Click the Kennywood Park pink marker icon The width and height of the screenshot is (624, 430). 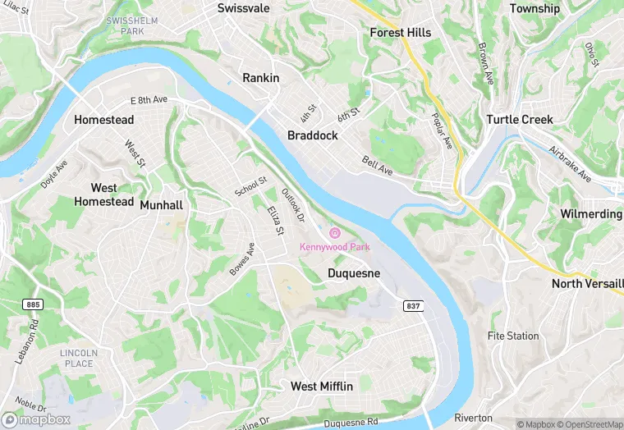334,233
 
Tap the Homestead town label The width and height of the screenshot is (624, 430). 103,120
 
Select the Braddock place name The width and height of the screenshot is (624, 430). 312,135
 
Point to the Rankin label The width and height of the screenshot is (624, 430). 261,78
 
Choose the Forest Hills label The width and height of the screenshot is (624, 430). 400,33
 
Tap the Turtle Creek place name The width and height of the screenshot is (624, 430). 519,120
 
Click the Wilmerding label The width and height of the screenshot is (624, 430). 590,213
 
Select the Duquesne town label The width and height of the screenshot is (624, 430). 354,273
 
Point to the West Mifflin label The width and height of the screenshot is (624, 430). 322,386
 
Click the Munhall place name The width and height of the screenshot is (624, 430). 161,205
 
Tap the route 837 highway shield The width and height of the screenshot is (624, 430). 413,305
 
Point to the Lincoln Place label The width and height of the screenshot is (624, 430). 79,359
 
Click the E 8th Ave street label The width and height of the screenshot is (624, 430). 149,100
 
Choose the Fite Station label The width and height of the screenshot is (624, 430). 513,336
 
